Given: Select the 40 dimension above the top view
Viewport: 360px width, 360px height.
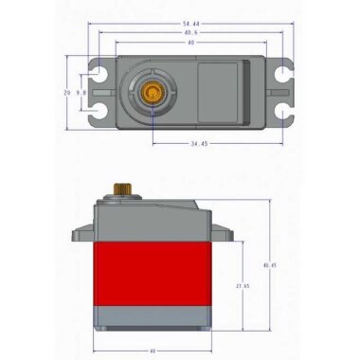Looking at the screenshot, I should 190,43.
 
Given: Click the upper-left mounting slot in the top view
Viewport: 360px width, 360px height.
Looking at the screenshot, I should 99,73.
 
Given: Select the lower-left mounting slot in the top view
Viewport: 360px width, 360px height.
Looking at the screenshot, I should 99,114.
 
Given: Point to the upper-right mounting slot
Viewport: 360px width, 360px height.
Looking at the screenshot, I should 282,73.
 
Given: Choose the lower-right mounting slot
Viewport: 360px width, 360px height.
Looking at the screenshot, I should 282,114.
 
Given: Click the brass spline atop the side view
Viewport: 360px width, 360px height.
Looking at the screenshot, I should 121,189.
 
